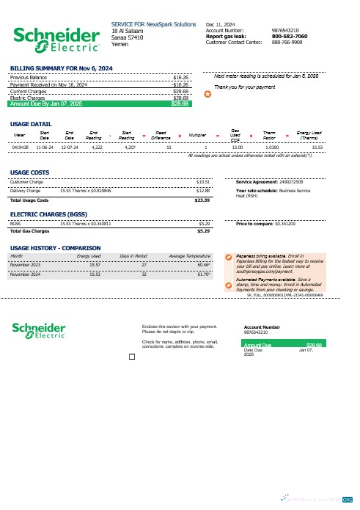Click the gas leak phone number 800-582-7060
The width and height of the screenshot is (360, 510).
[290, 36]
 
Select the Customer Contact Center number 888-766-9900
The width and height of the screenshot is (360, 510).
[286, 42]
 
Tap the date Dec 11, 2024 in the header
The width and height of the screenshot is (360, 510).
[221, 24]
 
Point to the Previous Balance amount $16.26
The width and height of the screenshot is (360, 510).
[180, 76]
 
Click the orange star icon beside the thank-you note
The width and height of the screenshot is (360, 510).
[207, 94]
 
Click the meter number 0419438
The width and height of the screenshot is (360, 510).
[21, 147]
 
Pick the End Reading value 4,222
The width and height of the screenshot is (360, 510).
[96, 147]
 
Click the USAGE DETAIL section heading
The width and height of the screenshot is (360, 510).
[31, 124]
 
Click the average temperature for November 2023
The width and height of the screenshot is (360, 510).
[203, 263]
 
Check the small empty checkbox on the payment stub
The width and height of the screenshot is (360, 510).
[131, 357]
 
